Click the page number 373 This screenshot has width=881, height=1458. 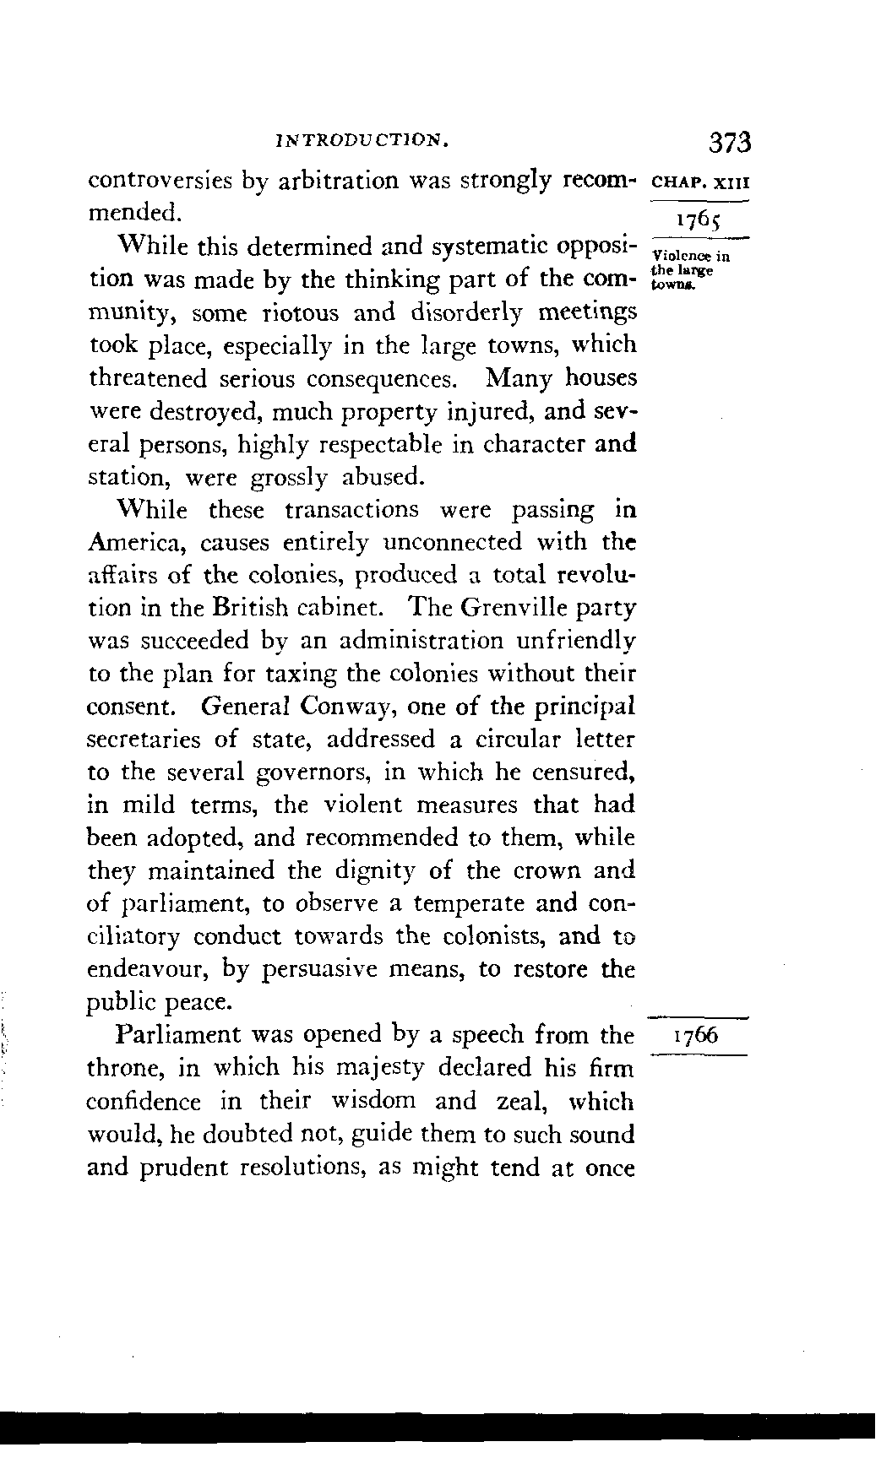click(x=730, y=141)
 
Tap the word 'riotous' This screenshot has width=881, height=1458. click(x=289, y=312)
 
